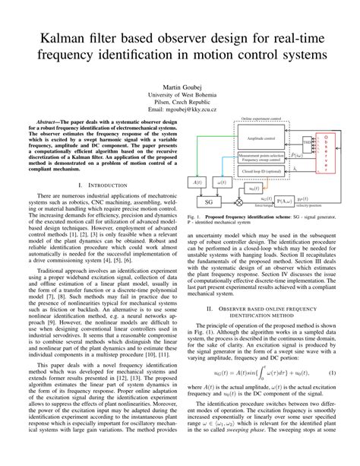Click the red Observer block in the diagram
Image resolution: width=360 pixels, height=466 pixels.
tap(327, 154)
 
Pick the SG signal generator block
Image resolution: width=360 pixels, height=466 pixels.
tap(208, 202)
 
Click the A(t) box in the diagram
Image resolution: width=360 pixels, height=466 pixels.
tap(198, 182)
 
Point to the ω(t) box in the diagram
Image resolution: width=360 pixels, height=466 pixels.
tap(221, 182)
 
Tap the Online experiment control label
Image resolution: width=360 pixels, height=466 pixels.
tap(264, 119)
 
